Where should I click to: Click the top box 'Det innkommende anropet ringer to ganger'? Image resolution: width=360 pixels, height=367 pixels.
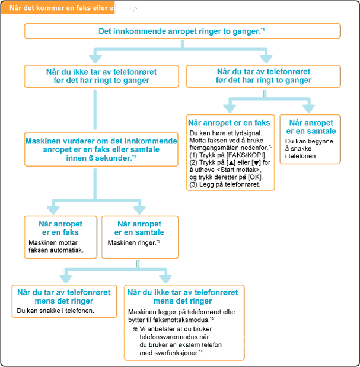pyautogui.click(x=183, y=31)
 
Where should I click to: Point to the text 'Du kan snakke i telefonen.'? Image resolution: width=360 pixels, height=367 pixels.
pyautogui.click(x=56, y=311)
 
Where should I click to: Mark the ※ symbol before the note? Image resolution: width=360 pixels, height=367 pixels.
pyautogui.click(x=135, y=328)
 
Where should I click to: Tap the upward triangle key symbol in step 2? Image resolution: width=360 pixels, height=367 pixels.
pyautogui.click(x=237, y=162)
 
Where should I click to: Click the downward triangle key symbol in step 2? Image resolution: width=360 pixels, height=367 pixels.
pyautogui.click(x=263, y=162)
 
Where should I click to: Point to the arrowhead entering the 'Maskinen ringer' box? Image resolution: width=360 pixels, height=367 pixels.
pyautogui.click(x=139, y=209)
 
